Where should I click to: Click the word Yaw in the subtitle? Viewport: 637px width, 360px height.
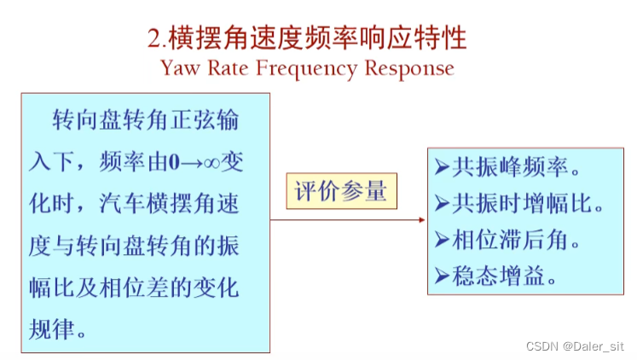[179, 68]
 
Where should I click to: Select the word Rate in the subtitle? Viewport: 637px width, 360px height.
[231, 68]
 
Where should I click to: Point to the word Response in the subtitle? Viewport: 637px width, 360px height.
[409, 68]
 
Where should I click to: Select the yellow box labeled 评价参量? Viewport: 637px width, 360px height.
[340, 191]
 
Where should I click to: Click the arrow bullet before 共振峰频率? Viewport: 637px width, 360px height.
[441, 166]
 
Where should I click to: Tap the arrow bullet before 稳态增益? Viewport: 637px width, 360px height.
[441, 276]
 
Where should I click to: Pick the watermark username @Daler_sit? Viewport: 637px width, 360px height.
[593, 346]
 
